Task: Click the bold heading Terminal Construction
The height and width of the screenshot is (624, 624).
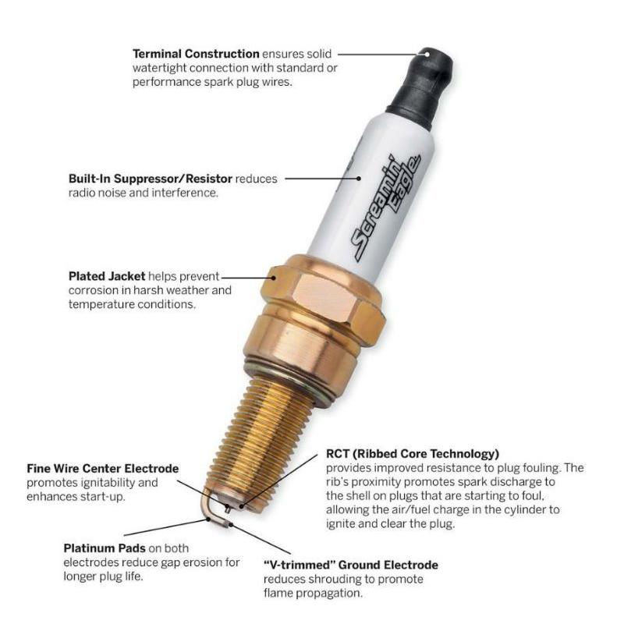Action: [x=196, y=54]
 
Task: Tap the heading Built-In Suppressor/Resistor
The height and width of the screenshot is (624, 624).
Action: [x=150, y=179]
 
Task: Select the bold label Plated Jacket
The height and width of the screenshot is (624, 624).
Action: [x=107, y=276]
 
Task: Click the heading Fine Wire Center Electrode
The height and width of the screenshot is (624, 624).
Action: [x=103, y=469]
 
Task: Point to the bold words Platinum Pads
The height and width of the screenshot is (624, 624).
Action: [x=105, y=548]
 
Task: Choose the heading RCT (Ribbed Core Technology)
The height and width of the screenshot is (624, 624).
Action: [x=413, y=454]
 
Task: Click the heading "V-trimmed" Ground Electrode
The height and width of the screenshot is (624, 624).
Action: [x=350, y=565]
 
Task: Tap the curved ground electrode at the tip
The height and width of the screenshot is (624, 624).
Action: [x=208, y=512]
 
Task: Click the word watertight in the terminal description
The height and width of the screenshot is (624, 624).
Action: [x=159, y=68]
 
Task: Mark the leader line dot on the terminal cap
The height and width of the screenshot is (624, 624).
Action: [x=427, y=54]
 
